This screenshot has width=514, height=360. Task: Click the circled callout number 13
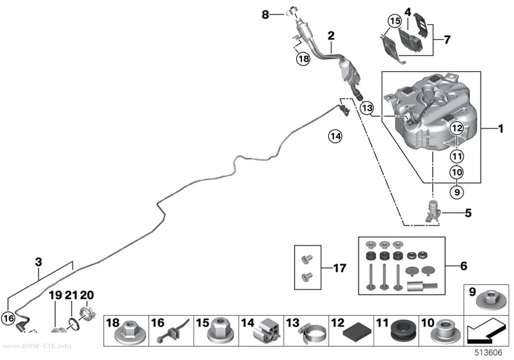pos(367,108)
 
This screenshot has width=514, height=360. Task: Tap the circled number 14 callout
pos(335,136)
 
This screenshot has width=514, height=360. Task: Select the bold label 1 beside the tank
pos(501,128)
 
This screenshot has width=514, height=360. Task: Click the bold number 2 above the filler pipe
pos(331,35)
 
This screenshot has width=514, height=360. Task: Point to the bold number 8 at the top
pos(265,14)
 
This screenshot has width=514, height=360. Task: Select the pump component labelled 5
pos(431,212)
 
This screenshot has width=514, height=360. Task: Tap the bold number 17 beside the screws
pos(340,268)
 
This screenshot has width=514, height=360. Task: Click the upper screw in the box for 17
pos(307,259)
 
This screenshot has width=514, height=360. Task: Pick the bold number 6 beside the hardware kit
pos(464,266)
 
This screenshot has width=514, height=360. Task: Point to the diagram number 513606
pos(489,353)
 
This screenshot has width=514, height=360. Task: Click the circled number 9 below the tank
pos(457,192)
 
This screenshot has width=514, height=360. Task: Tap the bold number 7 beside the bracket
pos(447,40)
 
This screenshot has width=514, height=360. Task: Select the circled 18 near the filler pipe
pos(303,59)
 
